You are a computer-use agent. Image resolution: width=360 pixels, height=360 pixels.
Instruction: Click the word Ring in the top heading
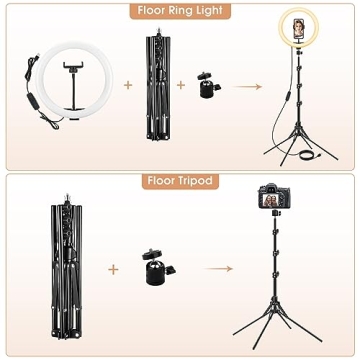tap(180, 12)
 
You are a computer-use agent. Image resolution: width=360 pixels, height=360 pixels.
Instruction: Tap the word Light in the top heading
tap(206, 12)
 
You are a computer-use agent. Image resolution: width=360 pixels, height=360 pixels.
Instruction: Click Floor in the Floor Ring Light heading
tap(151, 12)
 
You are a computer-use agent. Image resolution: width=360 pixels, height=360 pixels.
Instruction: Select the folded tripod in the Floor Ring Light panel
tap(154, 84)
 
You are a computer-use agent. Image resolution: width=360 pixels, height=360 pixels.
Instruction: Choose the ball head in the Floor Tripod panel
tap(157, 268)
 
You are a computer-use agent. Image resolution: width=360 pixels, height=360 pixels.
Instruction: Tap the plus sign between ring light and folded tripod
tap(127, 84)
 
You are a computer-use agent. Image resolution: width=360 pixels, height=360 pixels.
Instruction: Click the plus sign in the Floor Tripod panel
tap(113, 268)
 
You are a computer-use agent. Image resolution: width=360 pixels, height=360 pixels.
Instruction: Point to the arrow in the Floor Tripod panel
tap(219, 268)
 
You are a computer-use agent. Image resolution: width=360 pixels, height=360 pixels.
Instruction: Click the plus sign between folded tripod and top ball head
tap(181, 84)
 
